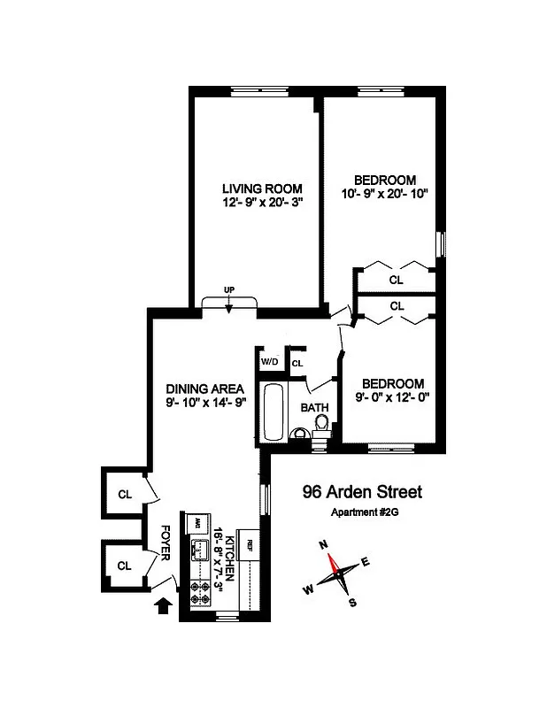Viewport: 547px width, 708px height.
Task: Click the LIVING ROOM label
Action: pyautogui.click(x=262, y=189)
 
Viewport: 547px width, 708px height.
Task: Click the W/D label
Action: pyautogui.click(x=269, y=362)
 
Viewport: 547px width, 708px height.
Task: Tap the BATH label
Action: pyautogui.click(x=314, y=408)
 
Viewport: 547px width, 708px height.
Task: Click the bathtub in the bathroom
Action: pyautogui.click(x=273, y=412)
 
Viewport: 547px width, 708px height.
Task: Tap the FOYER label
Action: pyautogui.click(x=165, y=542)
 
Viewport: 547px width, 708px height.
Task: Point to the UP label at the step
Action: pyautogui.click(x=229, y=290)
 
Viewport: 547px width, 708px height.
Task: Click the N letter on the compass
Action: pyautogui.click(x=323, y=544)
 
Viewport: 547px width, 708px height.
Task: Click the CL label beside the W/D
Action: pyautogui.click(x=297, y=363)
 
